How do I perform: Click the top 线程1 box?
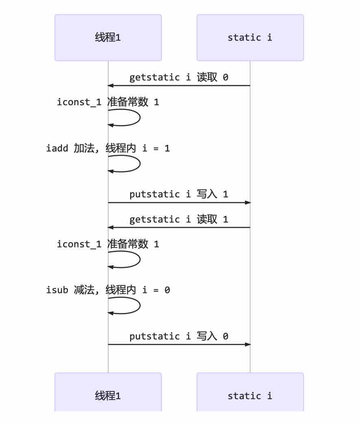(x=108, y=37)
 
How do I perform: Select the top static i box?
(x=250, y=37)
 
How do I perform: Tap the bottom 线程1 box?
(x=108, y=392)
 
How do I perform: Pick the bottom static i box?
(x=250, y=392)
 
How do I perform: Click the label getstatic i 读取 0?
(x=179, y=78)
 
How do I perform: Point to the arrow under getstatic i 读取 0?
(x=179, y=86)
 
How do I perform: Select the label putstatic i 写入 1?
(x=179, y=194)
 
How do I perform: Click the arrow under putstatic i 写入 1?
(x=179, y=202)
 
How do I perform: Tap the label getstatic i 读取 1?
(x=179, y=219)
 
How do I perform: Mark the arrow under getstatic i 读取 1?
(x=179, y=227)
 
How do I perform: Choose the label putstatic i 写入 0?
(x=179, y=336)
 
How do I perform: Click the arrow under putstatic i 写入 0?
(x=179, y=344)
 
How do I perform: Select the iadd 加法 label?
(x=108, y=148)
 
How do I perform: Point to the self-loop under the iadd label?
(x=140, y=164)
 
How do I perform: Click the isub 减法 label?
(x=108, y=290)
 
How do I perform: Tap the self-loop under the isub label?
(x=140, y=305)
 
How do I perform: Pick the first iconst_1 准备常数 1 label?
(x=108, y=102)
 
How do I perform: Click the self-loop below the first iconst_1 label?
(x=140, y=117)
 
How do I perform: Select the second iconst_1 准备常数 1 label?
(x=108, y=244)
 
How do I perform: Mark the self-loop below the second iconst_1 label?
(x=140, y=259)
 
